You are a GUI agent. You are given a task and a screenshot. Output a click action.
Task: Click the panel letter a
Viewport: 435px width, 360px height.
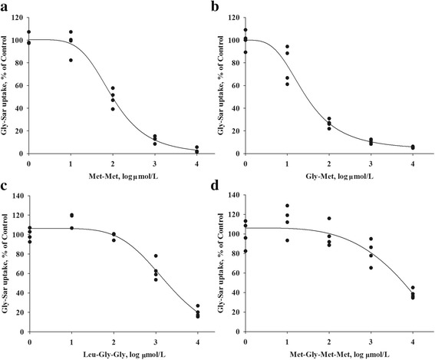pyautogui.click(x=5, y=6)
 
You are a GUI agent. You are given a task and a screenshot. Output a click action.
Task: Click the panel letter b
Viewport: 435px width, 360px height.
pyautogui.click(x=224, y=6)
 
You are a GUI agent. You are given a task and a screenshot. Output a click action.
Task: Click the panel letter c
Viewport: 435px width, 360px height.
pyautogui.click(x=5, y=185)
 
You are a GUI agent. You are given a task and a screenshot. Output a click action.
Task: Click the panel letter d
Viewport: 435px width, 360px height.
pyautogui.click(x=224, y=185)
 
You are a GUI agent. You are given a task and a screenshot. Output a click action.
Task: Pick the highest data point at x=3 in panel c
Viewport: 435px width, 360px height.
pyautogui.click(x=157, y=256)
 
